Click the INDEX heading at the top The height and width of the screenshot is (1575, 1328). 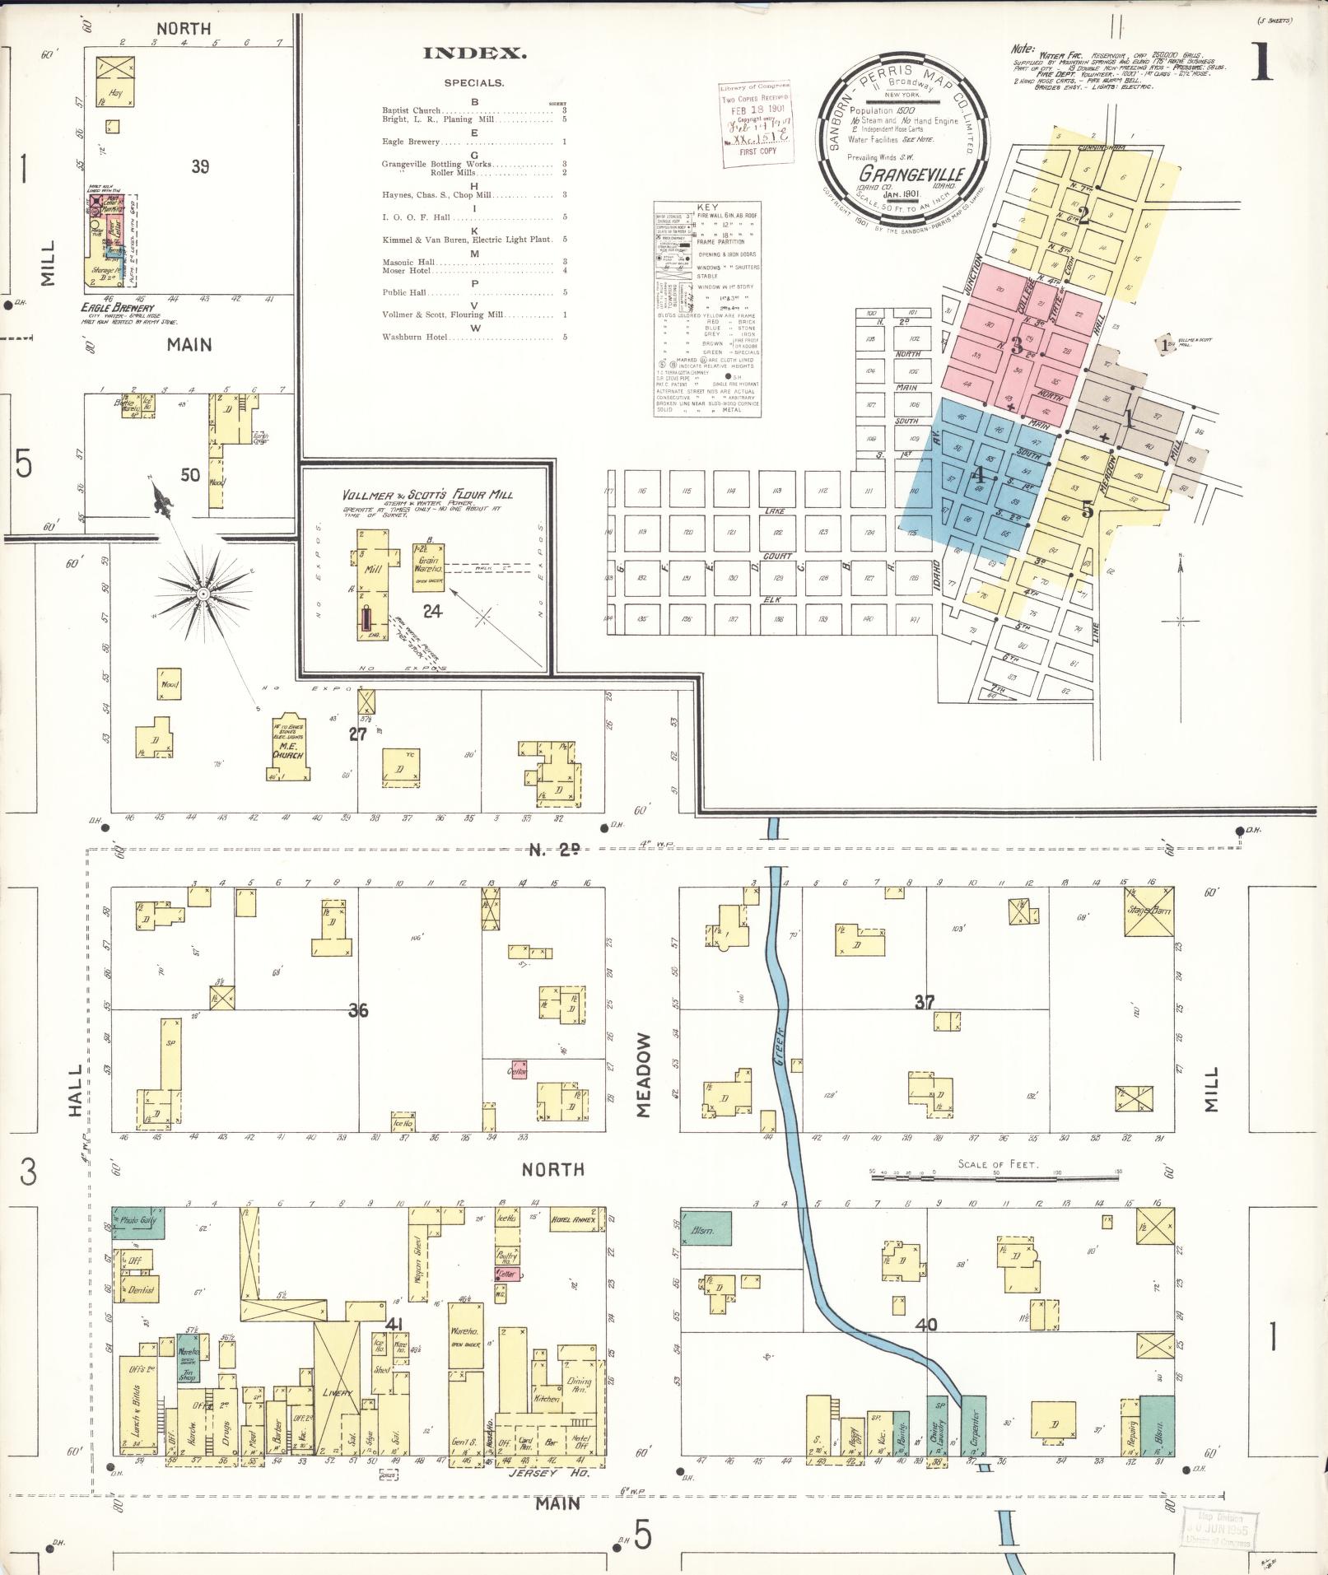tap(474, 54)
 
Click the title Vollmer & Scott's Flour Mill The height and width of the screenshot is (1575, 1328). tap(427, 495)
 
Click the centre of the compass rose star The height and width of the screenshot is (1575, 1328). tap(202, 593)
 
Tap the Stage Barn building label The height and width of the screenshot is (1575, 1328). tap(1149, 911)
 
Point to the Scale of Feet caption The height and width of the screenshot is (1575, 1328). tap(995, 1164)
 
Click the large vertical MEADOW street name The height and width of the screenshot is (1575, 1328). tap(643, 1074)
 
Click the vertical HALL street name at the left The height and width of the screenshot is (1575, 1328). tap(76, 1091)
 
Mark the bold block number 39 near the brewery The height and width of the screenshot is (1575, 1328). tap(200, 166)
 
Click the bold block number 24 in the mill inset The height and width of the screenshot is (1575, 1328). tap(432, 610)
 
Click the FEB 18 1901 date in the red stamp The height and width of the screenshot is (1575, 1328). tap(753, 110)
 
